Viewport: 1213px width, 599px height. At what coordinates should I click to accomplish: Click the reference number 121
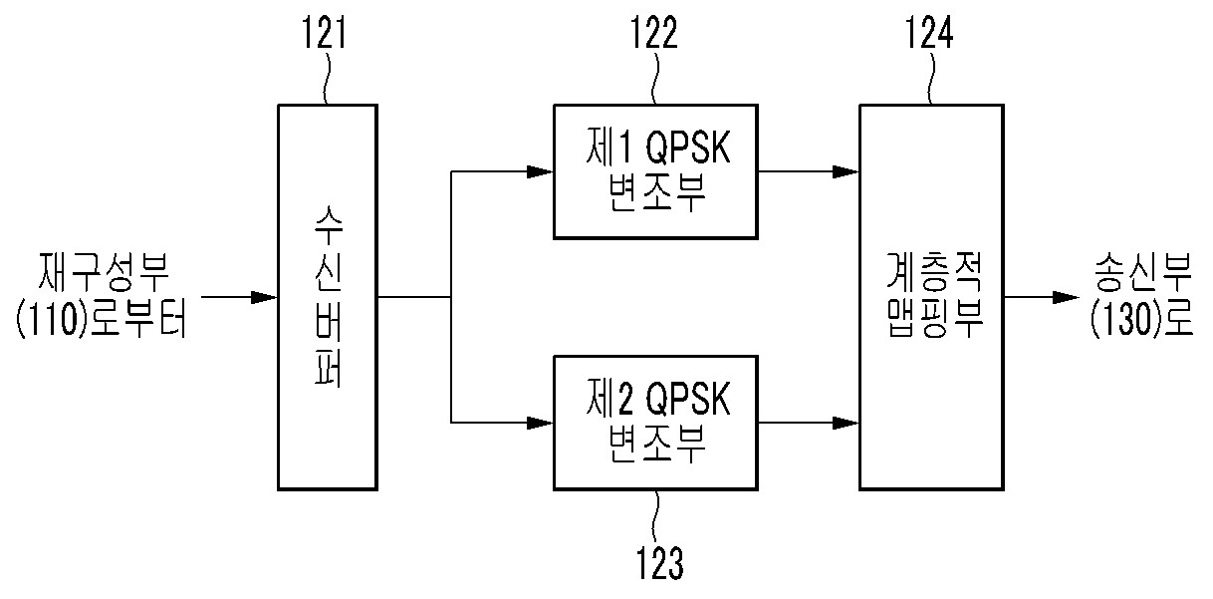point(324,33)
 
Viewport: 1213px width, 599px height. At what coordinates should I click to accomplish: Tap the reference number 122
point(653,33)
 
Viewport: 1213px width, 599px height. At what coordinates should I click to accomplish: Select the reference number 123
point(659,563)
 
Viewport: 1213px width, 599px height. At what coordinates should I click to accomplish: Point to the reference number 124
point(929,33)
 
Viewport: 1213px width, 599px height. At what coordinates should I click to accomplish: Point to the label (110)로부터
point(102,319)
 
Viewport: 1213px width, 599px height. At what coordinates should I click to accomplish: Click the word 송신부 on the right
point(1142,272)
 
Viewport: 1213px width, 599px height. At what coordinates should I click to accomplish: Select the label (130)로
point(1141,319)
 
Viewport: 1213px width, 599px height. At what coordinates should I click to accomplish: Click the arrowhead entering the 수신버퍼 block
point(264,297)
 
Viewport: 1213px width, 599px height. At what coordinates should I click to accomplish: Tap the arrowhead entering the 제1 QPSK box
point(540,171)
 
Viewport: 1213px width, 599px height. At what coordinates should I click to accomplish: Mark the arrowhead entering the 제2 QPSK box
point(540,423)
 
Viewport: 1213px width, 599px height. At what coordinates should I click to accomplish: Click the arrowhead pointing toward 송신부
point(1066,297)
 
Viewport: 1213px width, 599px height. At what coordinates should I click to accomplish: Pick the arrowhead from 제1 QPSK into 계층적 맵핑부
point(846,171)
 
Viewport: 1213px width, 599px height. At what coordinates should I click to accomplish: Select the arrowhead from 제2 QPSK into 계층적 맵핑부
point(846,423)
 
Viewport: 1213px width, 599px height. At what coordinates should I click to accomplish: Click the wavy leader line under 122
point(655,78)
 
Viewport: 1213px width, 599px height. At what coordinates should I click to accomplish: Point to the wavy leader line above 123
point(656,516)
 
